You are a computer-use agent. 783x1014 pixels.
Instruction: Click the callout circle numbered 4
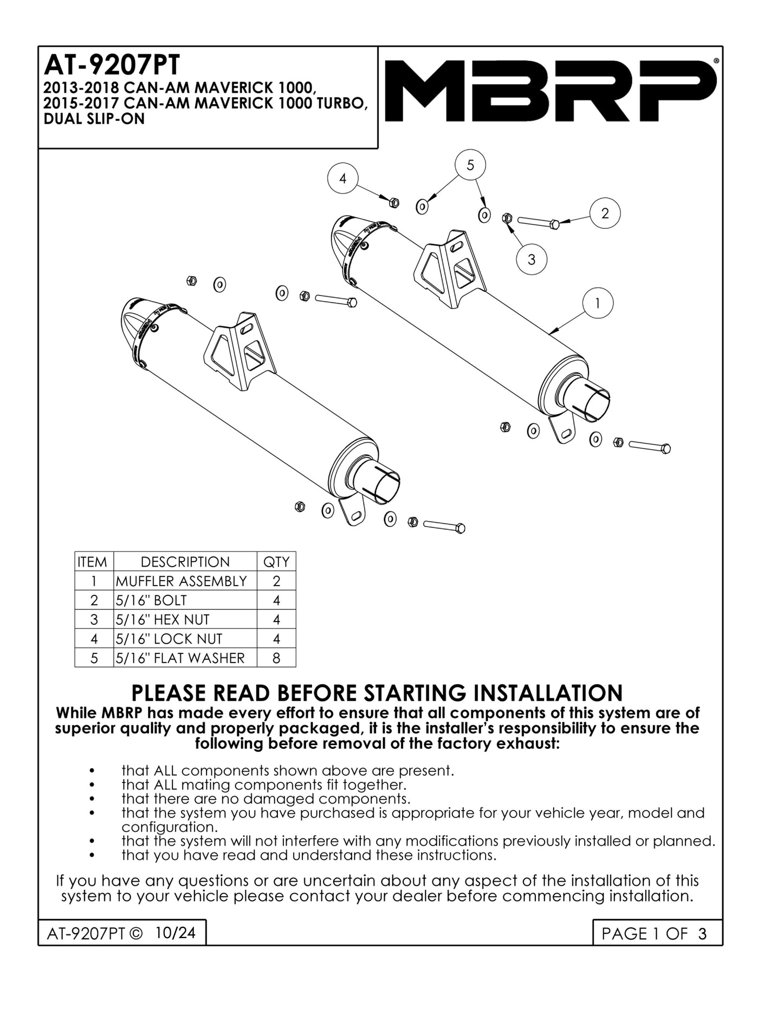coord(342,178)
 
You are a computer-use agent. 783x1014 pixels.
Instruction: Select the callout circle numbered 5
coord(470,165)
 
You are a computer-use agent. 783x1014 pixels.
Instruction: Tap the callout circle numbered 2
coord(605,213)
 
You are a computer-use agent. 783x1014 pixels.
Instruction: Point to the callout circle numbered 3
coord(531,259)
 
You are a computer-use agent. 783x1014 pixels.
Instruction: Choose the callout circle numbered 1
coord(597,303)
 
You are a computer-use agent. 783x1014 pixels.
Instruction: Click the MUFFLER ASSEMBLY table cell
coord(182,581)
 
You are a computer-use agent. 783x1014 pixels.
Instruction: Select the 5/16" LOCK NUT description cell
coord(169,639)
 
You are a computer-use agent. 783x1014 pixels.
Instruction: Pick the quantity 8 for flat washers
coord(276,658)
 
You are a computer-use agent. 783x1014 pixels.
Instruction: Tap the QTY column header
coord(276,562)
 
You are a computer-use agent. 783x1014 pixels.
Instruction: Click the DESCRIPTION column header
coord(185,562)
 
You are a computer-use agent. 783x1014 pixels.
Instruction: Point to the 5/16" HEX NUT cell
coord(163,619)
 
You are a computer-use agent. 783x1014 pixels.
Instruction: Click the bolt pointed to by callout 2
coord(539,222)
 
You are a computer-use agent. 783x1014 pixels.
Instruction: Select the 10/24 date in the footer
coord(174,933)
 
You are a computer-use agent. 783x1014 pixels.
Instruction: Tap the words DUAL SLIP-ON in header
coord(94,119)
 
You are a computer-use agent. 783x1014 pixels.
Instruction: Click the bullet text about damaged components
coord(266,799)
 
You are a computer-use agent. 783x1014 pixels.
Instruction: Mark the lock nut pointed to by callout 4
coord(394,203)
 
